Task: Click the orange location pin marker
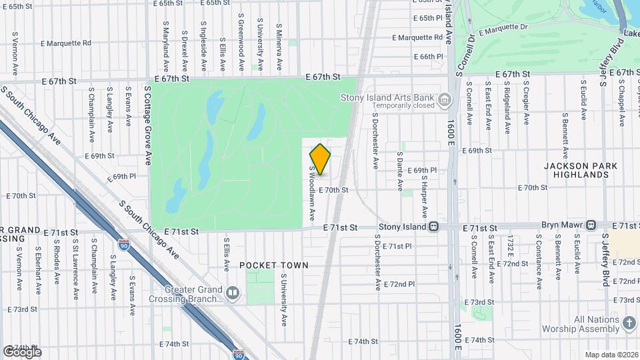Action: pos(320,159)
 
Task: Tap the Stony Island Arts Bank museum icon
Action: pos(445,100)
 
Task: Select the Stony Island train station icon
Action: pos(433,227)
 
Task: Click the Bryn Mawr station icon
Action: pos(591,225)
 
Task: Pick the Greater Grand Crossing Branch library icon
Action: pos(232,292)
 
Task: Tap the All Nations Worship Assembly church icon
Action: pos(629,323)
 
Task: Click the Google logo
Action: pos(22,351)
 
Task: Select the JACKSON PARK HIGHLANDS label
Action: pos(576,170)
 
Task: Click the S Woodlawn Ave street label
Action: pos(311,193)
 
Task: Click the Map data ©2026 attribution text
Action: pos(611,354)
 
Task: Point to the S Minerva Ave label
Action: pos(279,47)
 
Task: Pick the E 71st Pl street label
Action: pos(397,246)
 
